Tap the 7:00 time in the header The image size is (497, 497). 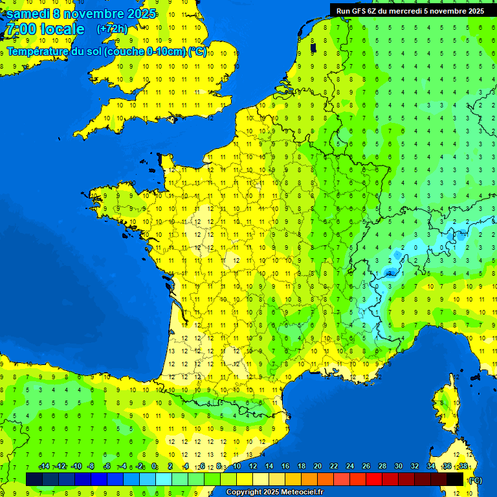[20, 29]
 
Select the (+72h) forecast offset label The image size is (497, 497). [112, 29]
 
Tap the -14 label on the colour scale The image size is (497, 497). [44, 467]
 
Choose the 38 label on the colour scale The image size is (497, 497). [463, 467]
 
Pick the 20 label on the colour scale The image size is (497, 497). [317, 467]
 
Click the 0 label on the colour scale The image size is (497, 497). [154, 467]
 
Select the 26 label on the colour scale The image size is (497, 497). [366, 467]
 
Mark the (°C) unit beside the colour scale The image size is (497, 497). [475, 480]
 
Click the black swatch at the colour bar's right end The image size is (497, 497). [455, 479]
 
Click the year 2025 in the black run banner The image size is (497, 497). [473, 11]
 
